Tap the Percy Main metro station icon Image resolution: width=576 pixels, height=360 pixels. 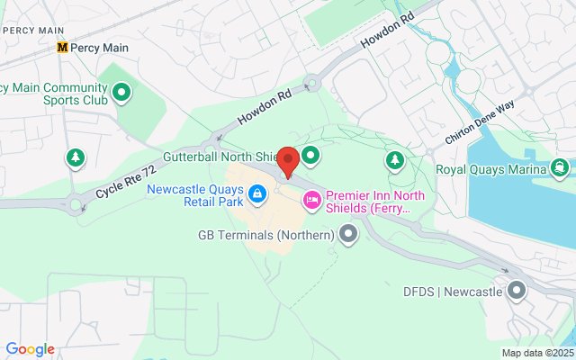[62, 48]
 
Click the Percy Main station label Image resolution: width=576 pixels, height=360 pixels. [100, 48]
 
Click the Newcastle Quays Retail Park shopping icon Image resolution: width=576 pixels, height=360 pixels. [257, 193]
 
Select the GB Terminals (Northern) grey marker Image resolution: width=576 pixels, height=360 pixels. [348, 235]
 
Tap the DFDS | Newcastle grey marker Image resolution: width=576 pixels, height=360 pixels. [517, 291]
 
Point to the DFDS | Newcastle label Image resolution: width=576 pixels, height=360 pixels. [454, 292]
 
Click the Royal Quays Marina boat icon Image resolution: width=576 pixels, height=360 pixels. [562, 168]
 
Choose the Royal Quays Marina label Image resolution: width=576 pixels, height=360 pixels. [490, 169]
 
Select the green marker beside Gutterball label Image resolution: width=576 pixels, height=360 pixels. [310, 157]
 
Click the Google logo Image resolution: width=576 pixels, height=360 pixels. [30, 349]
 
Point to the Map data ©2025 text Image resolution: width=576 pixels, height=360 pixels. [537, 353]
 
